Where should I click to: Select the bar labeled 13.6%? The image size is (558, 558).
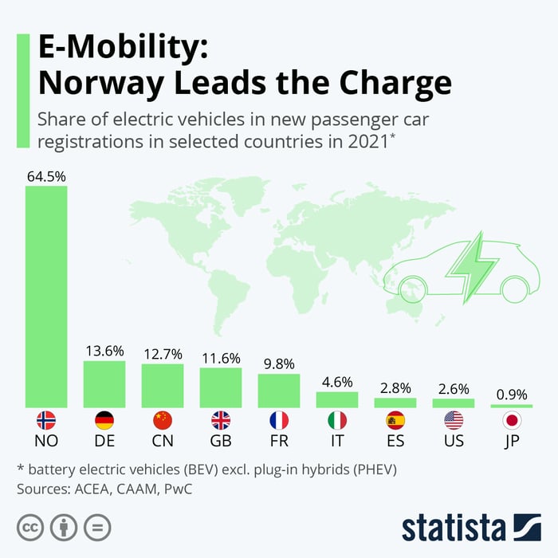pos(104,384)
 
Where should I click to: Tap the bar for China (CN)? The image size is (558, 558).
pos(163,386)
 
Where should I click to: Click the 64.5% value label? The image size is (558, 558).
pos(46,176)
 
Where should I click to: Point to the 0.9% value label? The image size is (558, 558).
pos(511,395)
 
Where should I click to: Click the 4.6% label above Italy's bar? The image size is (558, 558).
pos(337,382)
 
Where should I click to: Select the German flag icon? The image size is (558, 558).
pos(104,421)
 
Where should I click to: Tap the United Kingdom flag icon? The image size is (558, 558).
pos(221,421)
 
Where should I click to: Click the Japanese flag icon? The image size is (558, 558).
pos(511,421)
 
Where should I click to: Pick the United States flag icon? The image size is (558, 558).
pos(453,421)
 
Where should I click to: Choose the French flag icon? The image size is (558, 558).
pos(279,421)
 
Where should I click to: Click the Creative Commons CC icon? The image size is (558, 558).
pos(29,527)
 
